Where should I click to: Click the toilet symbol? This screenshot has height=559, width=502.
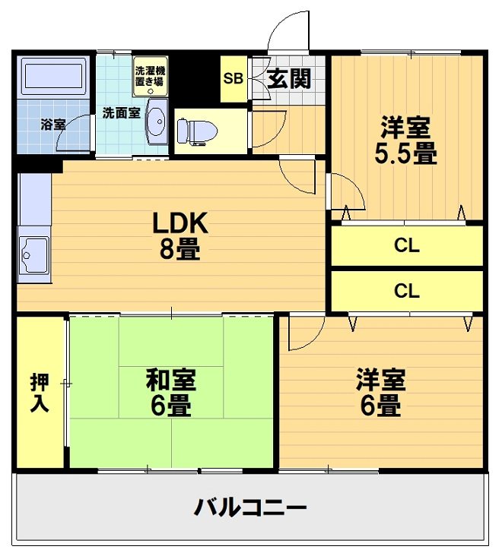pos(197,131)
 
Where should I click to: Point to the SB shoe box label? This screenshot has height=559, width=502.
pos(233,78)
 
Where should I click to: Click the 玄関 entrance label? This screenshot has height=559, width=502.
pos(290,77)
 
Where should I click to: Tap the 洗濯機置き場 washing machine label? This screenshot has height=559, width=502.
pos(150,76)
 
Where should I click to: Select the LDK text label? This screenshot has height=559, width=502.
pos(180,223)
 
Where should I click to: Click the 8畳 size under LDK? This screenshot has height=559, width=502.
pos(180,250)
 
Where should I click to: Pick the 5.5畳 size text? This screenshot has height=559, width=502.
pos(405,154)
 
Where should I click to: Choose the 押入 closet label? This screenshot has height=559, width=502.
pos(40,392)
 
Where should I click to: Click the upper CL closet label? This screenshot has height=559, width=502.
pos(407,246)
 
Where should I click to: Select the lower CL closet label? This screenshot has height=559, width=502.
pos(407,291)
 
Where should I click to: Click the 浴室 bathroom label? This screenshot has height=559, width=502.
pos(52,124)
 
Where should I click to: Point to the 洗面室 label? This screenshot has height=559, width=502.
pos(121,113)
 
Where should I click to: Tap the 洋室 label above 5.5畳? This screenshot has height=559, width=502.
pos(405,126)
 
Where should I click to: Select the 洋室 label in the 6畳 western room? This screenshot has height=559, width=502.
pos(381,379)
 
